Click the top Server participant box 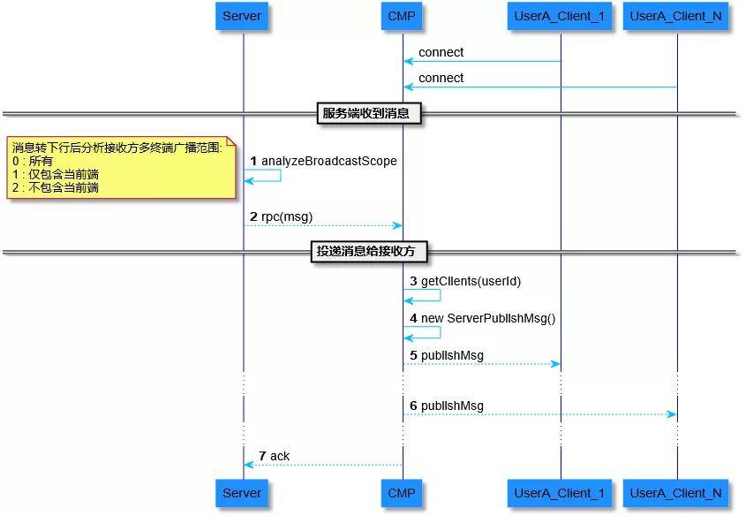point(242,16)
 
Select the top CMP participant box point(402,16)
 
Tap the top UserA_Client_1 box point(560,16)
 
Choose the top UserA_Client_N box point(676,16)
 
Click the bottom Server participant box point(242,493)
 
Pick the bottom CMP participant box point(402,493)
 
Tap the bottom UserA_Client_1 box point(560,493)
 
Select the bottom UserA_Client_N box point(676,493)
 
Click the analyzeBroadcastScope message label point(328,161)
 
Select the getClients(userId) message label point(471,281)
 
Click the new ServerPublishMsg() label point(488,318)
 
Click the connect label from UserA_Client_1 point(441,52)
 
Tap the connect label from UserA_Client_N point(441,78)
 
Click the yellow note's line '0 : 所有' point(33,162)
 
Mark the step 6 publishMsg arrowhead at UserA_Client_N point(672,414)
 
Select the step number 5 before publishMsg point(413,355)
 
